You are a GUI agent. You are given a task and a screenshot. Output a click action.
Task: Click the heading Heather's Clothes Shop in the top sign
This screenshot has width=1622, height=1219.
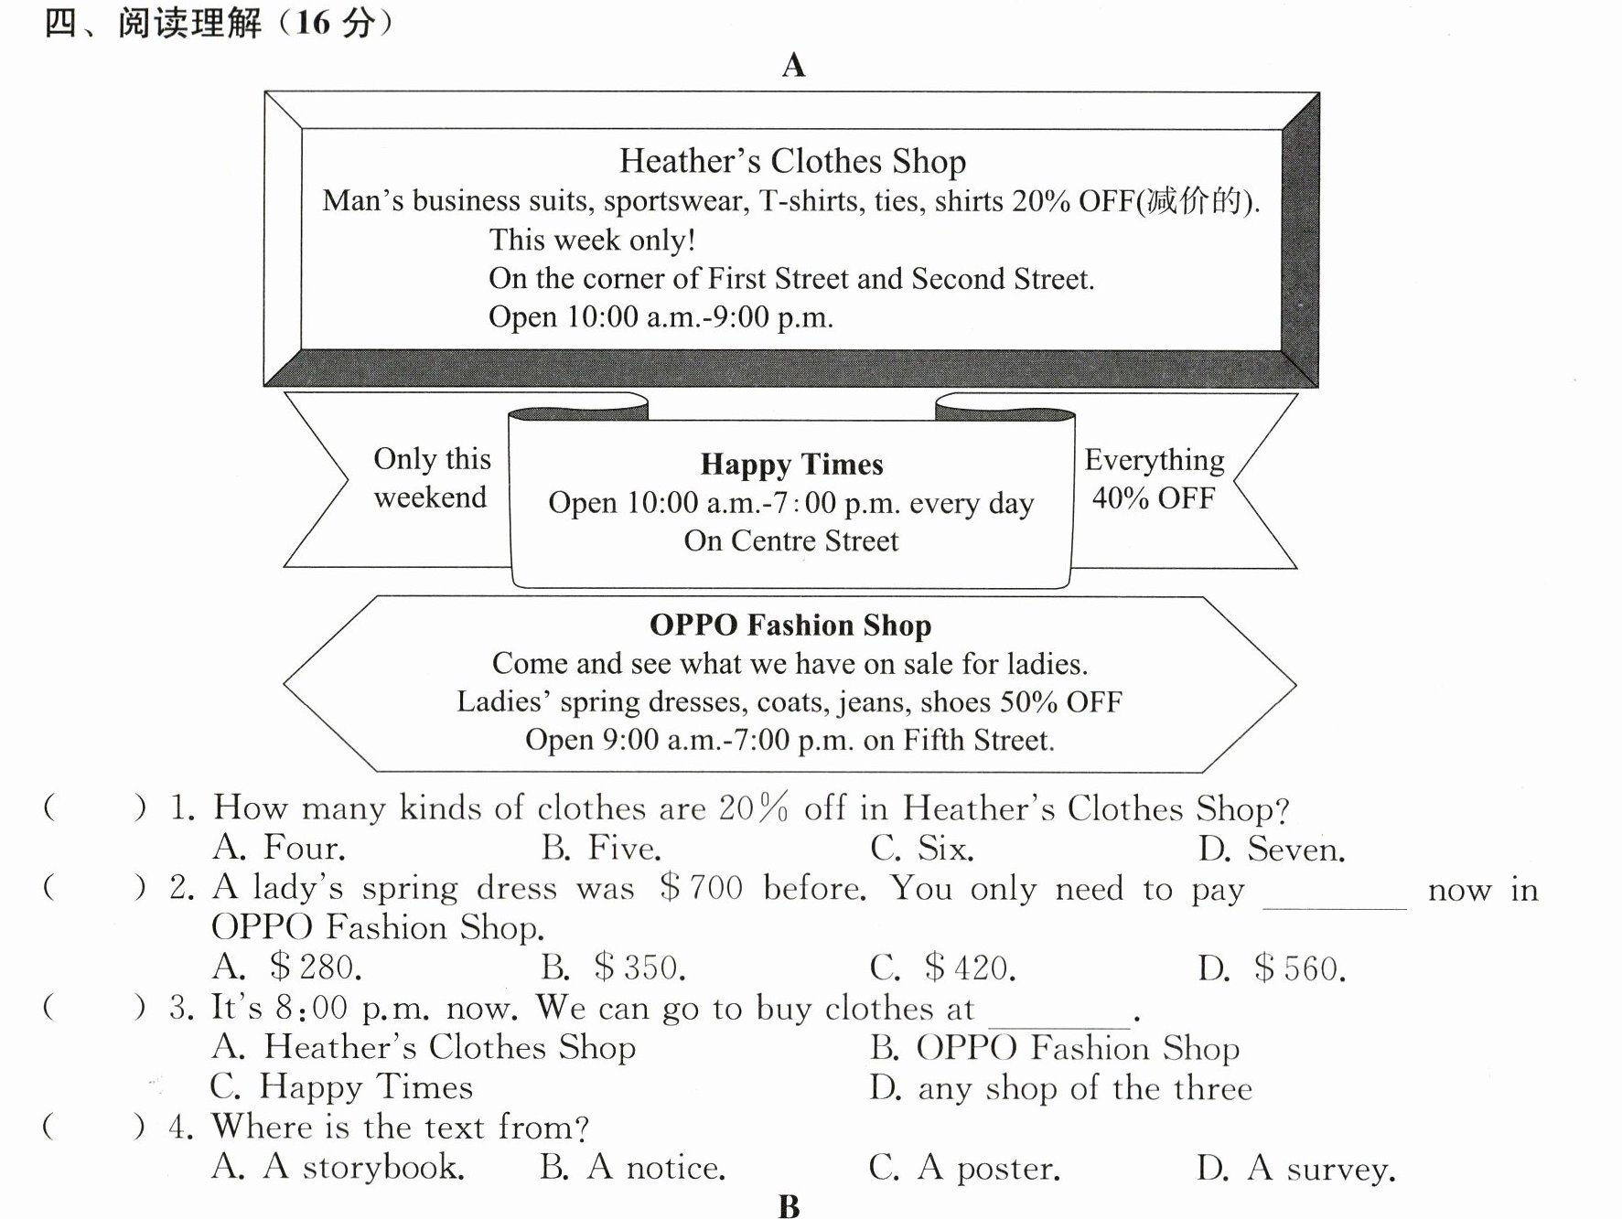point(792,161)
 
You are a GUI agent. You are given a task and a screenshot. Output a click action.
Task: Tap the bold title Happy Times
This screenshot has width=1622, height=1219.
point(792,465)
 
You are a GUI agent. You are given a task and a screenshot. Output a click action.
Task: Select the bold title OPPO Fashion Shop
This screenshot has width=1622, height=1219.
point(790,625)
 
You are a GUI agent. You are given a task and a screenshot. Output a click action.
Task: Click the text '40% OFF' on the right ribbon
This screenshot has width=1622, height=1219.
point(1154,498)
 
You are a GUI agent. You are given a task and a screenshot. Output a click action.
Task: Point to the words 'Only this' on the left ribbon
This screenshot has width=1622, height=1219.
point(432,458)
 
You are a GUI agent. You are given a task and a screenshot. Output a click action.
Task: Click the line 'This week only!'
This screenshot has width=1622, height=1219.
point(592,240)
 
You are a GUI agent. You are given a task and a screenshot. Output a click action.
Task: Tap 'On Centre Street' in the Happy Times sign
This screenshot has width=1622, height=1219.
point(791,540)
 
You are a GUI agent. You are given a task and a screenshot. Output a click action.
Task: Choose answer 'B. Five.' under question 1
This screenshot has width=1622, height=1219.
point(600,849)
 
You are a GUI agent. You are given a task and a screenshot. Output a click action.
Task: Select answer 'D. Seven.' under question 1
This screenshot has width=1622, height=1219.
point(1272,850)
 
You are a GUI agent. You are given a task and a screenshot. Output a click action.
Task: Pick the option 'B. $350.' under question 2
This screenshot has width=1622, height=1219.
point(613,968)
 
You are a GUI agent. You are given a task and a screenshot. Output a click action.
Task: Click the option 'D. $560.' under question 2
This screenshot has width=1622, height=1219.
point(1272,968)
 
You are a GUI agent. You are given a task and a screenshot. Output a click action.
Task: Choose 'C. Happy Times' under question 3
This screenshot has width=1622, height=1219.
point(341,1086)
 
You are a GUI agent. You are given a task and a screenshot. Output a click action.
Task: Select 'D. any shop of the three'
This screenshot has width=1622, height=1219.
point(1060,1088)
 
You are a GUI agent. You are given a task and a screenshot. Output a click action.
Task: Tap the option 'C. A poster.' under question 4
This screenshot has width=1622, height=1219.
point(964,1168)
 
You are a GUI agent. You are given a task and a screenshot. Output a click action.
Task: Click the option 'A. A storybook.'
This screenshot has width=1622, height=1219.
point(338,1167)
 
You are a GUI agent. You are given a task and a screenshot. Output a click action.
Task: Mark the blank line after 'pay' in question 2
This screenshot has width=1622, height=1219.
point(1335,908)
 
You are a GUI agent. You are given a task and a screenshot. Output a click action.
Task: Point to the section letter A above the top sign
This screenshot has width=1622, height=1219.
point(793,66)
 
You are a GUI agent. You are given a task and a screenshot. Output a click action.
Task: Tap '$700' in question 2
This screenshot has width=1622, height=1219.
point(701,887)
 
